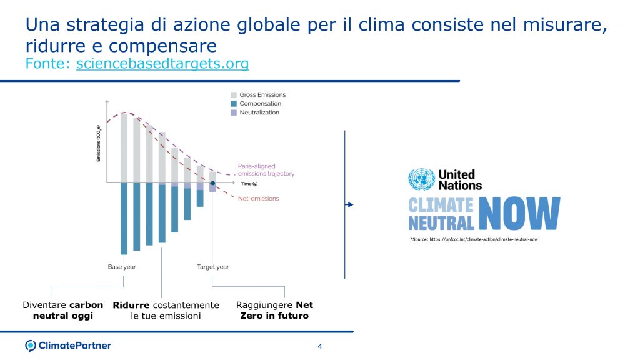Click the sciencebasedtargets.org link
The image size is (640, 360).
(162, 64)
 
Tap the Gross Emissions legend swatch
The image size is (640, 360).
(234, 95)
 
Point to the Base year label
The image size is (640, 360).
(122, 267)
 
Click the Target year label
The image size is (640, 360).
(213, 267)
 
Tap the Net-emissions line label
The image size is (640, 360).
(259, 199)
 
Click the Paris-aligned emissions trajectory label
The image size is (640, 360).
(266, 170)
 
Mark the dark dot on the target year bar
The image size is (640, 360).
(213, 184)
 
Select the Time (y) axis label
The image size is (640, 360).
(251, 184)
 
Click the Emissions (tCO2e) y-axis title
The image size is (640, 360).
(99, 143)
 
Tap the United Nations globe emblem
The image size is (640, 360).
(421, 179)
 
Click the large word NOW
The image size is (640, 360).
(519, 214)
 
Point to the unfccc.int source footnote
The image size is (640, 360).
(474, 239)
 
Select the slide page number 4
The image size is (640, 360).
(320, 347)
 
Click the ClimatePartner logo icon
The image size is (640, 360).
(31, 346)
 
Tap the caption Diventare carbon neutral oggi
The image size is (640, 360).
(62, 311)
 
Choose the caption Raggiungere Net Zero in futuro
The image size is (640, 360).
(274, 311)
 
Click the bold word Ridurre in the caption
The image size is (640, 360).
(131, 306)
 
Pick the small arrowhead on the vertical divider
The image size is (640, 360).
(350, 204)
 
